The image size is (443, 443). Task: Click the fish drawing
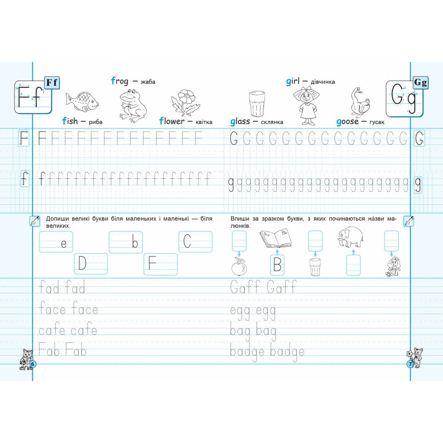pos(82,102)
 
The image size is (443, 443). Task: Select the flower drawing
pos(185,102)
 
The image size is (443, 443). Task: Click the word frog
pos(120,82)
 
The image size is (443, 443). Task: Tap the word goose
pos(347,122)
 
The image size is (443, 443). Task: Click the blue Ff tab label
pos(52,83)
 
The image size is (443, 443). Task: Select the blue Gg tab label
pos(420,83)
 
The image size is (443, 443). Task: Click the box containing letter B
pos(277,265)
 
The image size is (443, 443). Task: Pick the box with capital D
pos(91,264)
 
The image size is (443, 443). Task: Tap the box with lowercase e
pos(56,242)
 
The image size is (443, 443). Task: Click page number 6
pos(32,364)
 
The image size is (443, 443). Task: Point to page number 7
pos(410,364)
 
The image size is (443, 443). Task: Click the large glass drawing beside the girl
pos(257,104)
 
